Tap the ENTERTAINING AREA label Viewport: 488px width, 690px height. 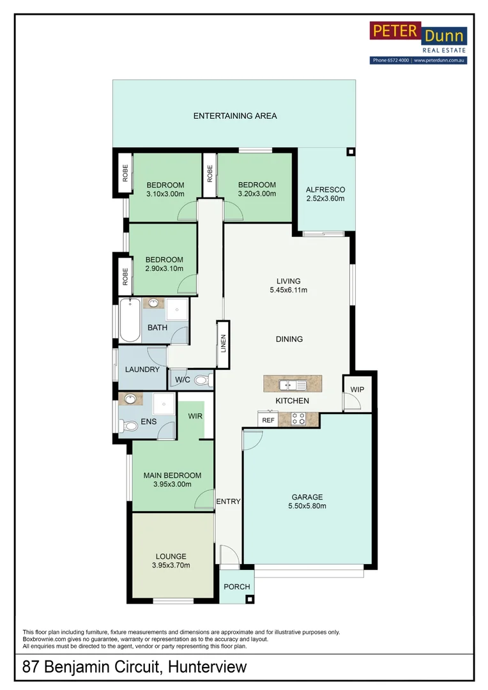tap(235, 116)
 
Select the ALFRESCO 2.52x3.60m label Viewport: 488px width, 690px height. tap(325, 194)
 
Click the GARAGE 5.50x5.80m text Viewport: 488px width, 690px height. tap(307, 502)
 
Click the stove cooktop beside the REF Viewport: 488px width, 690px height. tap(298, 419)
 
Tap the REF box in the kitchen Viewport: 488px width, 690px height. tap(268, 420)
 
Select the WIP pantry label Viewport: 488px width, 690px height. tap(357, 388)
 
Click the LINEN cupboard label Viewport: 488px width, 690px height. tap(223, 344)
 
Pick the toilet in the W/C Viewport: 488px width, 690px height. tap(201, 381)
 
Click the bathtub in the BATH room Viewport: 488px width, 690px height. tap(128, 321)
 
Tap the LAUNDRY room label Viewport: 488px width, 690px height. tap(142, 370)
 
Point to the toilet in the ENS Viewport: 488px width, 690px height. tap(130, 426)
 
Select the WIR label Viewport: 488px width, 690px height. tap(195, 416)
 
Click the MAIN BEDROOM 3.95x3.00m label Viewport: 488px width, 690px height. tap(172, 480)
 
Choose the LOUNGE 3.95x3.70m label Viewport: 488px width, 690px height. tap(171, 560)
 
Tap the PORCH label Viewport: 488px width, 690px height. tap(236, 587)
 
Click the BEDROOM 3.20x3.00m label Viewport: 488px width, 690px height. tap(257, 189)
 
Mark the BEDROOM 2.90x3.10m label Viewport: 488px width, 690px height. tap(164, 264)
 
